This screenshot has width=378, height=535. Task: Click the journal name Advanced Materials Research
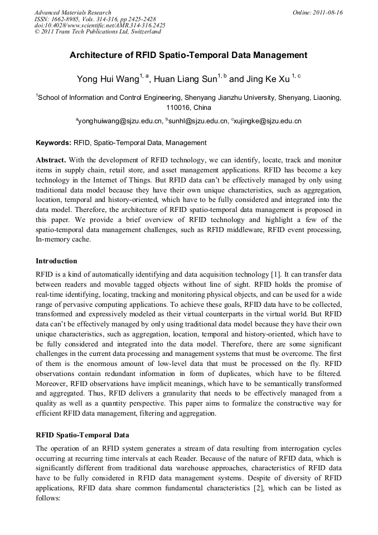click(72, 12)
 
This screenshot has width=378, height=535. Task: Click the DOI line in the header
click(100, 25)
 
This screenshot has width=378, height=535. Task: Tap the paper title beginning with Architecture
click(188, 55)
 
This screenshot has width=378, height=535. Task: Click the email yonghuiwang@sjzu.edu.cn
click(120, 121)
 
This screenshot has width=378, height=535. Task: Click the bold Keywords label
click(53, 143)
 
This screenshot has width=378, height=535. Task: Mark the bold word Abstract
click(51, 160)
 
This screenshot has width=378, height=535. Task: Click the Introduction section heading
click(56, 261)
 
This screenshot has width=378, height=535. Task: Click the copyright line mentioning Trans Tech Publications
click(98, 32)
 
